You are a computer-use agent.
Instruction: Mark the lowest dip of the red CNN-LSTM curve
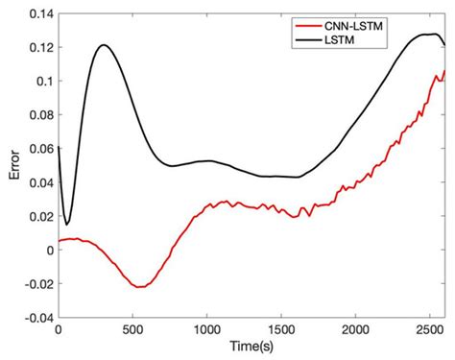[140, 287]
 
